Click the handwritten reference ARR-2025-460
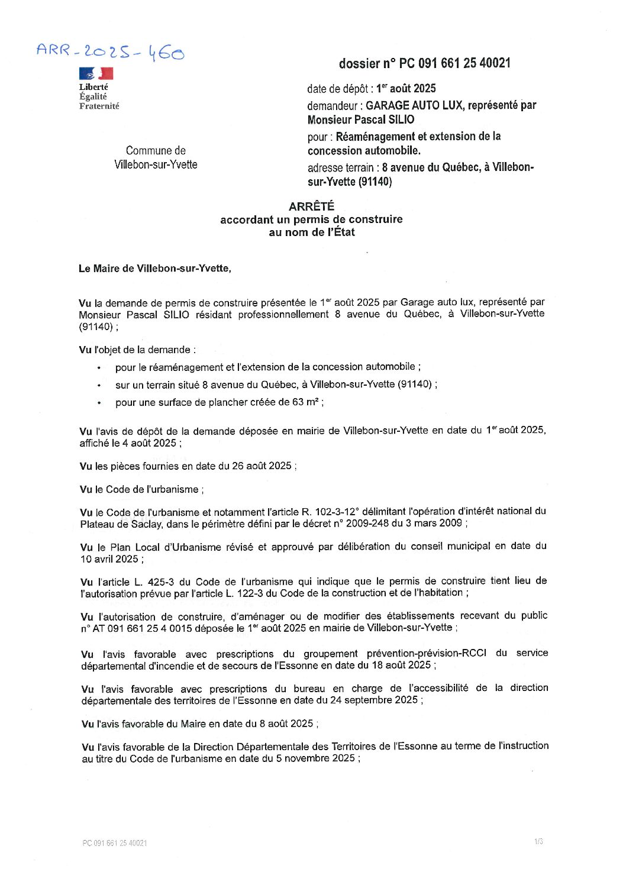(110, 52)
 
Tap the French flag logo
(96, 73)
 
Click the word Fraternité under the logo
(99, 106)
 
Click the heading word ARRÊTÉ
(311, 206)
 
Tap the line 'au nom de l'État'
(311, 232)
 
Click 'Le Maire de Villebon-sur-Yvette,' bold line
(155, 269)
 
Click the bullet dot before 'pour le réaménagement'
(99, 368)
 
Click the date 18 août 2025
(403, 665)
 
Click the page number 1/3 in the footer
(538, 842)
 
